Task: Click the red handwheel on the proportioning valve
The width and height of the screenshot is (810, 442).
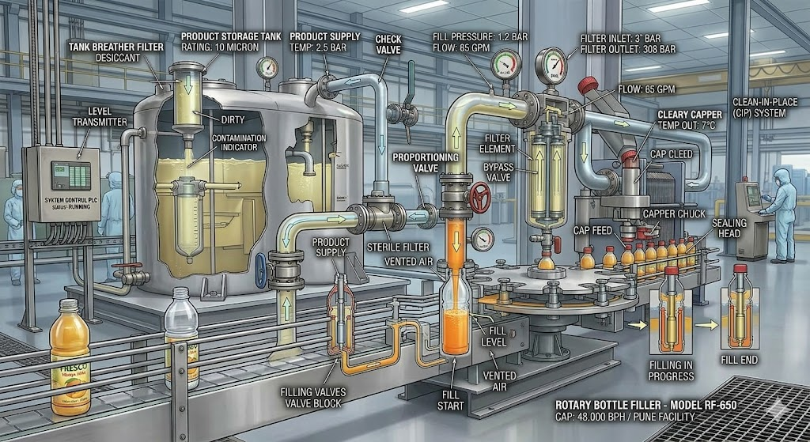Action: click(x=479, y=198)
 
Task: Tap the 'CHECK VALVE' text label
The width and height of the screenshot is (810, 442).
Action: click(x=388, y=45)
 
